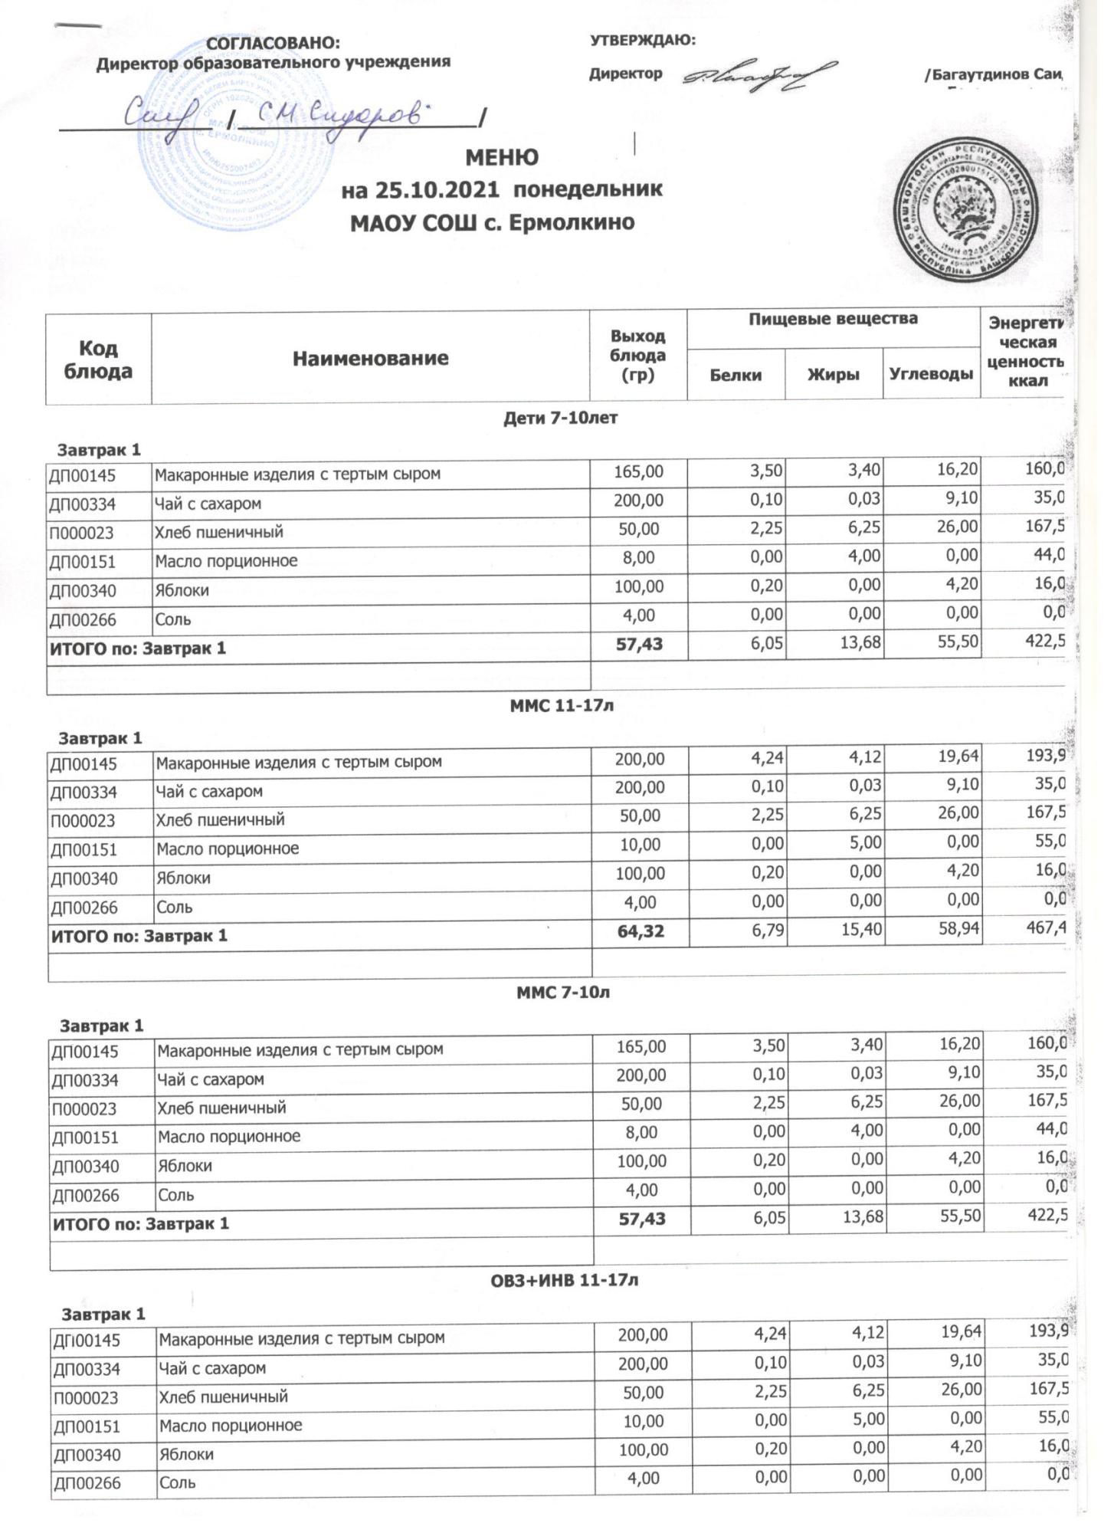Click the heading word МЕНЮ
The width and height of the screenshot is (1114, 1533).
(502, 157)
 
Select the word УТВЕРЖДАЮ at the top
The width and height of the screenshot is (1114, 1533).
(642, 41)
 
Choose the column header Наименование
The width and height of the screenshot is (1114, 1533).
(370, 358)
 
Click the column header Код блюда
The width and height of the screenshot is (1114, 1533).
(98, 359)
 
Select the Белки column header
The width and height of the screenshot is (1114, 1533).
(736, 375)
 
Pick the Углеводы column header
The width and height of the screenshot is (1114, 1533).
(931, 375)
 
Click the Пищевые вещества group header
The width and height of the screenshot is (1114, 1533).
(833, 318)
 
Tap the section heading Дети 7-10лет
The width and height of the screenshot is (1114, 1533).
(560, 419)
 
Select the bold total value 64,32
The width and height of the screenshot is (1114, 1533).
(640, 935)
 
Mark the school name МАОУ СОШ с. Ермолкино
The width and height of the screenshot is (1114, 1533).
(492, 223)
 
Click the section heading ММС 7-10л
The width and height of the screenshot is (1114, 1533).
(562, 993)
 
